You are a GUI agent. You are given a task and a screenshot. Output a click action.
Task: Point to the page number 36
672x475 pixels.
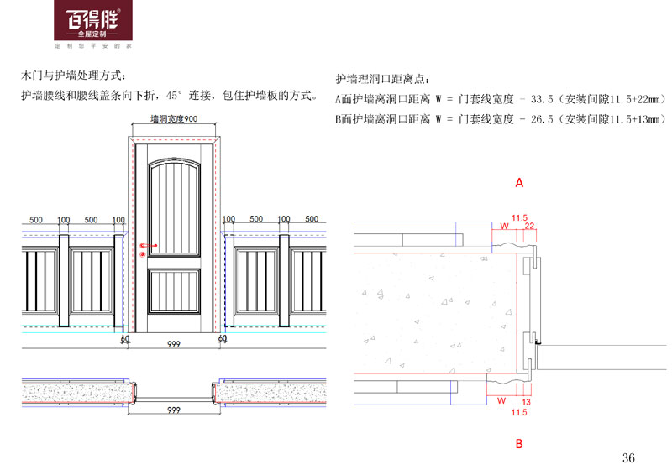point(629,457)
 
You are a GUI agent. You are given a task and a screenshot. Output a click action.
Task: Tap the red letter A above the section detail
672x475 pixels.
point(519,182)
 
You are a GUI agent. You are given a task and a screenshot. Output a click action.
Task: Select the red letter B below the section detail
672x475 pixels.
point(519,443)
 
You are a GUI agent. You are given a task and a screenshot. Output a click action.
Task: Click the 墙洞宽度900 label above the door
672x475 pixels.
point(173,120)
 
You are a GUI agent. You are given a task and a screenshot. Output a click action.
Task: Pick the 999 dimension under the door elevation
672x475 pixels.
point(174,345)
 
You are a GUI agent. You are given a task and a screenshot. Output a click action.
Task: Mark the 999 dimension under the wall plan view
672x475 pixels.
point(174,410)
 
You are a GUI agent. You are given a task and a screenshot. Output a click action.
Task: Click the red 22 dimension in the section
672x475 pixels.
point(529,226)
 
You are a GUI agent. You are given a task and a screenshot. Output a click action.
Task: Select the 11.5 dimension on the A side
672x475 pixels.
point(519,217)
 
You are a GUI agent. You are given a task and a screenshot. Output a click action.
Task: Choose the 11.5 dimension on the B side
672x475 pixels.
point(519,413)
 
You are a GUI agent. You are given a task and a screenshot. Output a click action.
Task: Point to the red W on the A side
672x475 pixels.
point(504,226)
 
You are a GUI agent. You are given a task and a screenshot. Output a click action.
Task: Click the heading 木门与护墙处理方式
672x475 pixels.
point(72,76)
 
